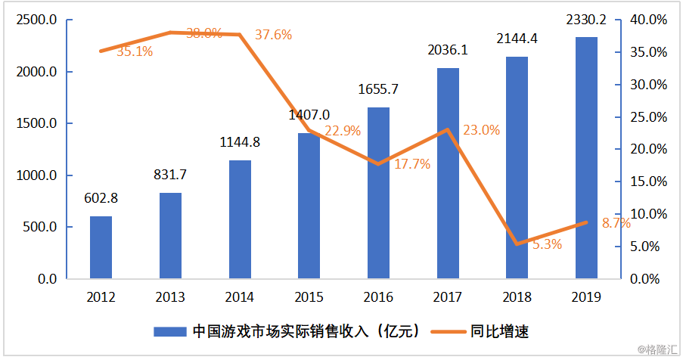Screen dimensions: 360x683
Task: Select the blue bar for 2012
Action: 101,247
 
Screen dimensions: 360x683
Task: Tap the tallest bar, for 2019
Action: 586,157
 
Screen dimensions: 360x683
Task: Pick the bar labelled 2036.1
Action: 448,173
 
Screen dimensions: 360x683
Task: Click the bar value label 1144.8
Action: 240,141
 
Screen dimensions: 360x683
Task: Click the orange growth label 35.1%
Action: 135,51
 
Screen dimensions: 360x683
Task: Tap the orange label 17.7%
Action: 412,164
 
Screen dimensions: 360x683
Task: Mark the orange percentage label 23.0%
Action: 482,130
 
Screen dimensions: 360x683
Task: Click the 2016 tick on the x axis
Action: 378,297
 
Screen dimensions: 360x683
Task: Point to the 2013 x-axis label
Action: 170,297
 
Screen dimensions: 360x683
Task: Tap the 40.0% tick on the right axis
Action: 647,20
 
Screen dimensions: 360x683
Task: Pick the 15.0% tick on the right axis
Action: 647,182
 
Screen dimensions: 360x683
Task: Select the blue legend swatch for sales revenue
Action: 169,331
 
